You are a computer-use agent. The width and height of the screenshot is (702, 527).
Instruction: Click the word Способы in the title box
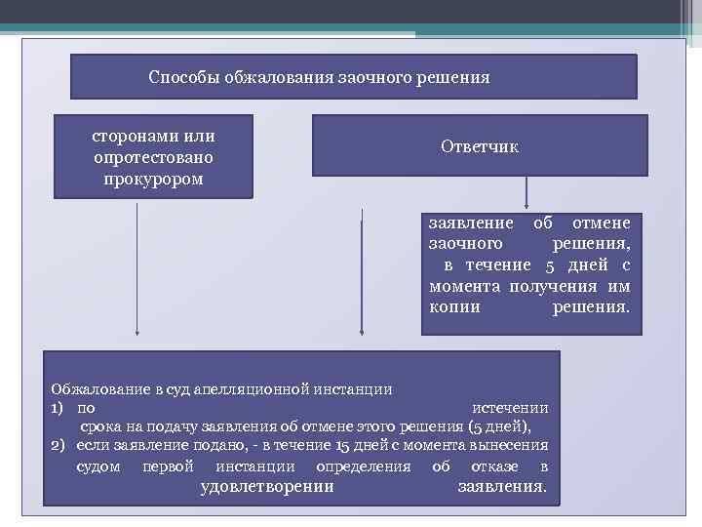click(182, 76)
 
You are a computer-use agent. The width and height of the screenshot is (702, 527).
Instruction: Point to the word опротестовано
click(154, 157)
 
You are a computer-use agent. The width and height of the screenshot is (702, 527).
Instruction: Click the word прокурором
click(154, 179)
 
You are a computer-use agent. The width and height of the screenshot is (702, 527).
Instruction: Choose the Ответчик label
click(480, 147)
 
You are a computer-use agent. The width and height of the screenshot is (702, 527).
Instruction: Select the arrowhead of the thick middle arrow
click(362, 336)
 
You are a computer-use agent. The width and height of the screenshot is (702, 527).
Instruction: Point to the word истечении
click(510, 408)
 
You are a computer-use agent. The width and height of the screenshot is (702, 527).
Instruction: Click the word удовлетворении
click(266, 486)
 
